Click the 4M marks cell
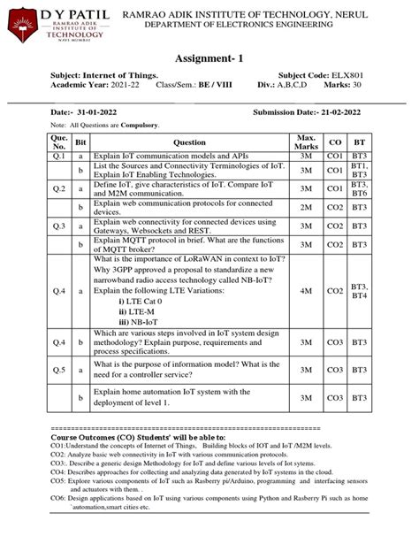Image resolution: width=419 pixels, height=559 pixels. tap(308, 290)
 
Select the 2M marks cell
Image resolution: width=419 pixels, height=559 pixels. tap(308, 207)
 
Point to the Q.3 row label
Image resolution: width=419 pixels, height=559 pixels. tap(59, 226)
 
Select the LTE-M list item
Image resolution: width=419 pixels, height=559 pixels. tap(140, 310)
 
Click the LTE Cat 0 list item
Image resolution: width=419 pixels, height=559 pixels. tap(147, 300)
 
